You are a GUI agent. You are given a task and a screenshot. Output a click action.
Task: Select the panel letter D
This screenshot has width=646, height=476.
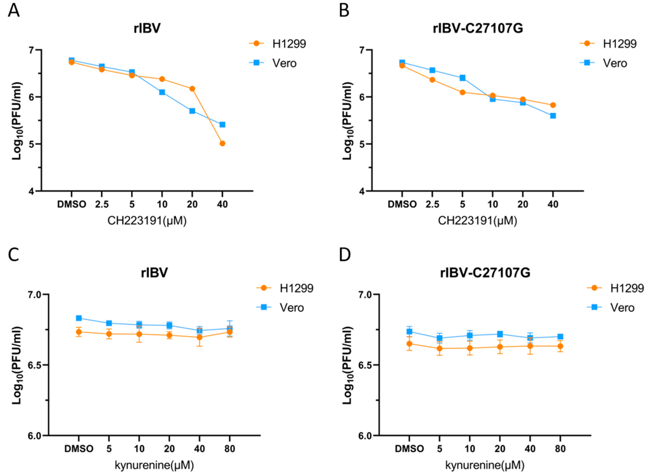(345, 255)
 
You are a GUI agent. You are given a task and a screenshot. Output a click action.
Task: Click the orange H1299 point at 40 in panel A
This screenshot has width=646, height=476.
(222, 143)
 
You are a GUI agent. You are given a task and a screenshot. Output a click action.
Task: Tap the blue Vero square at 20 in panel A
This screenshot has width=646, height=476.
(192, 111)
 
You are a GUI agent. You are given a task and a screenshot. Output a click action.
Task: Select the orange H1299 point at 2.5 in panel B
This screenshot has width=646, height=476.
(432, 80)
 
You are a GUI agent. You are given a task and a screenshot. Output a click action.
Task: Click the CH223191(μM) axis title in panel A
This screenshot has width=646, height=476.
(147, 221)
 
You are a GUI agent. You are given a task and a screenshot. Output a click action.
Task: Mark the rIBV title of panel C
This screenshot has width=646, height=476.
(154, 272)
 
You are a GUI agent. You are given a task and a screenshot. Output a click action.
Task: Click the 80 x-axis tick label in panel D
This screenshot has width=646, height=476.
(560, 449)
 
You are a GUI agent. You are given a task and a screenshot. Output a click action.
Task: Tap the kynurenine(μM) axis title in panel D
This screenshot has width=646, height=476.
(485, 465)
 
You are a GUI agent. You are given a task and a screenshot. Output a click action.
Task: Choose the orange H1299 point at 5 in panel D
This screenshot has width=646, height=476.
(439, 348)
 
